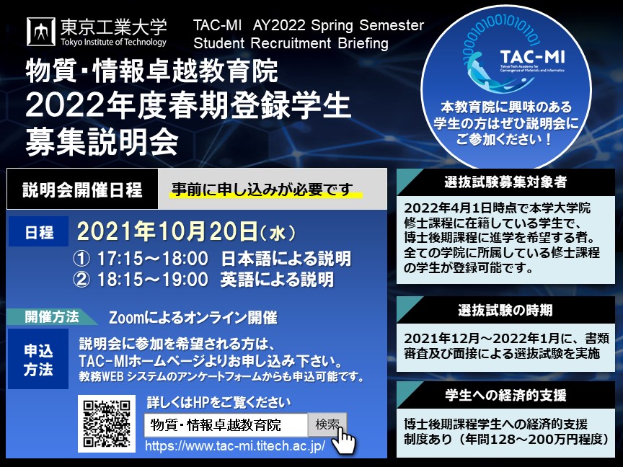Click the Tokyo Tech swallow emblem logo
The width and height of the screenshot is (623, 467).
[41, 32]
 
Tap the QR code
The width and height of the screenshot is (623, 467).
[107, 423]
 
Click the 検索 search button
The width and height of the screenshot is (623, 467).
[327, 425]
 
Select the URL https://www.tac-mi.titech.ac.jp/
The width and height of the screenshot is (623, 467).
[235, 445]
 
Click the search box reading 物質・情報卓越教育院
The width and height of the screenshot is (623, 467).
[226, 425]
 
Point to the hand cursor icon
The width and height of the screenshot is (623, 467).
[343, 440]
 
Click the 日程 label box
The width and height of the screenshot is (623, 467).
[38, 232]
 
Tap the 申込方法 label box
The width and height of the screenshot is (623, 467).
[38, 359]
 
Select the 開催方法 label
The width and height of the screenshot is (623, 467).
[52, 317]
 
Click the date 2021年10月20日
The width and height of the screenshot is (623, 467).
[167, 231]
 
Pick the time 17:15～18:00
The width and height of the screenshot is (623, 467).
[153, 259]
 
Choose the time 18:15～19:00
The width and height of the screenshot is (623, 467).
[153, 279]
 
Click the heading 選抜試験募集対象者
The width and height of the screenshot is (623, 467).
[505, 182]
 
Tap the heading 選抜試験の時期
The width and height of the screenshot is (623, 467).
[505, 310]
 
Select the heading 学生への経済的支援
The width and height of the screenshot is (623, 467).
[505, 395]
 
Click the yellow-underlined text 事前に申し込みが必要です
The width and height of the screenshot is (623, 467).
[262, 190]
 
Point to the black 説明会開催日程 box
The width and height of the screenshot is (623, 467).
[83, 189]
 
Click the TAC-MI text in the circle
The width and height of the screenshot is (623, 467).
[532, 57]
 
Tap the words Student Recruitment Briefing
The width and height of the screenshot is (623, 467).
[291, 43]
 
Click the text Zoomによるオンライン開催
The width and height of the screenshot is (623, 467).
[193, 318]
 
